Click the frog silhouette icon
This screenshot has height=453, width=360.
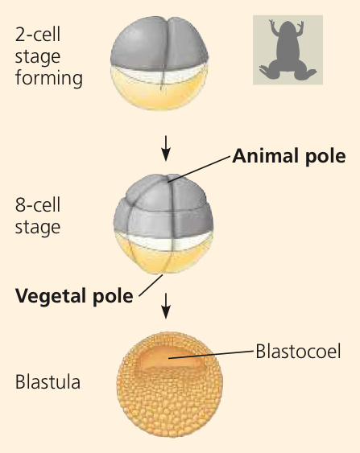point(288,50)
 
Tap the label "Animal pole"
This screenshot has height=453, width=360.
point(289,156)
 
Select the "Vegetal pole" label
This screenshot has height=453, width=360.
point(74,296)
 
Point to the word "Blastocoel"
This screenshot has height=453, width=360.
point(298,352)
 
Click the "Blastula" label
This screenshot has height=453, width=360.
point(48,382)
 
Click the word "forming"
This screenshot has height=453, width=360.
point(49,78)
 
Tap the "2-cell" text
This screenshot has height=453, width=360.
point(38,35)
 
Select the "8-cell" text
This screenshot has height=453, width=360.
point(38,205)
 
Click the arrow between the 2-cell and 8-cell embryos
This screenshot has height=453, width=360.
point(166,148)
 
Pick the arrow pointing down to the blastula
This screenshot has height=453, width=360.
point(166,306)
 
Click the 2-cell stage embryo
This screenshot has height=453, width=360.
point(159,64)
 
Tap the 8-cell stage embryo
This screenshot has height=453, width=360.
point(163,224)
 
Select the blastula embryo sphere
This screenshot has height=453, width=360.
point(170,384)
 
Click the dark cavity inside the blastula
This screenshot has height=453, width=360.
point(171,358)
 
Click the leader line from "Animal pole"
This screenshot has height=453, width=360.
point(199,169)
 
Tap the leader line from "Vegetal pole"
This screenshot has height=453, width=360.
point(151,286)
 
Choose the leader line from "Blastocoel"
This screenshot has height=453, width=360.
point(211,355)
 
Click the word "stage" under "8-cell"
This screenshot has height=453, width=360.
point(38,227)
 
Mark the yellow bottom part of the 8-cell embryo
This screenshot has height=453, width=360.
point(163,257)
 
